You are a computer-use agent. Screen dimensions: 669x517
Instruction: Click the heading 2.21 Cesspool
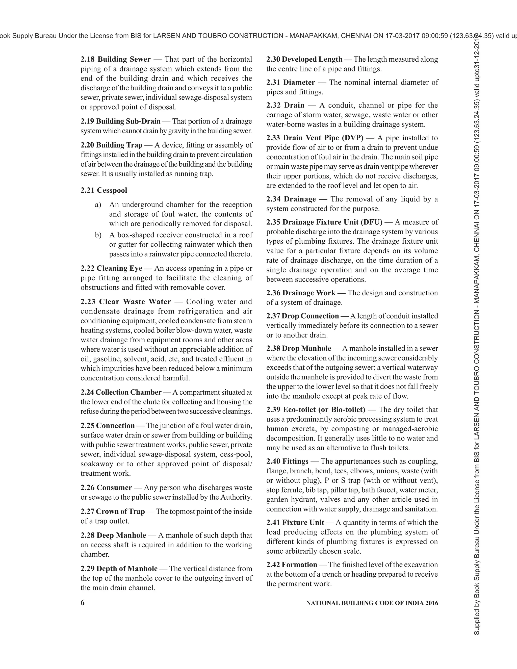point(104,190)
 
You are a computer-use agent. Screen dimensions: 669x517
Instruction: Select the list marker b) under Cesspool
point(98,235)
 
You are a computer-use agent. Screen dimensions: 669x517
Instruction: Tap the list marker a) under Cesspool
point(98,205)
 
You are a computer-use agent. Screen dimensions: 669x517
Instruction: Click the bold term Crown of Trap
point(120,511)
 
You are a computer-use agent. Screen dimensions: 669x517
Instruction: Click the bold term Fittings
point(295,461)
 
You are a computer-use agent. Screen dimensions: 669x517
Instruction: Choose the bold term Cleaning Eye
point(119,268)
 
